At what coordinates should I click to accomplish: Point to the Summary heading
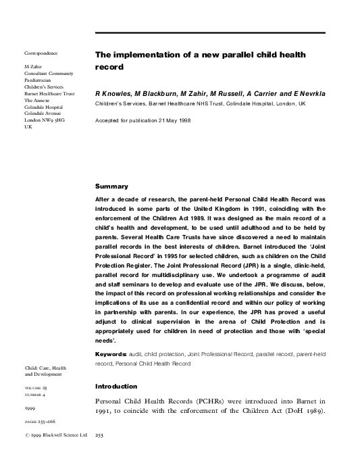click(111, 186)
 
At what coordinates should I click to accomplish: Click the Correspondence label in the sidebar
click(41, 53)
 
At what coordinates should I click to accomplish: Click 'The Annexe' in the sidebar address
click(38, 100)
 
